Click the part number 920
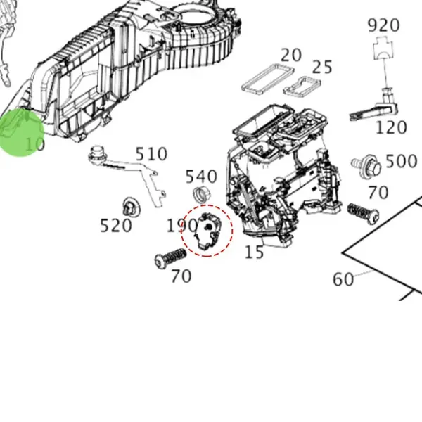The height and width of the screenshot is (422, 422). coord(383,25)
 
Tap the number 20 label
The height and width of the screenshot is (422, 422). coord(290,55)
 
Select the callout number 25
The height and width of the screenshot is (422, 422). coord(322,67)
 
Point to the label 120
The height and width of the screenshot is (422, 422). coord(391,127)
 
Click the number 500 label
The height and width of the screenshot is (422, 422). coord(402,161)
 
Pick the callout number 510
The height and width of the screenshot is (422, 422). coord(151,154)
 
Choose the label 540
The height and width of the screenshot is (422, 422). coord(201,176)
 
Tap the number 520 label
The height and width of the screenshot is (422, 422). coord(116,225)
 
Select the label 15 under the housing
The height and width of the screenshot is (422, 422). coord(254,251)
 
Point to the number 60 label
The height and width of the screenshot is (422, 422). coord(343,279)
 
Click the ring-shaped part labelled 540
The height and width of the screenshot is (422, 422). coord(201,195)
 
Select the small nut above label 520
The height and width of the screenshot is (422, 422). coord(129,207)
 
